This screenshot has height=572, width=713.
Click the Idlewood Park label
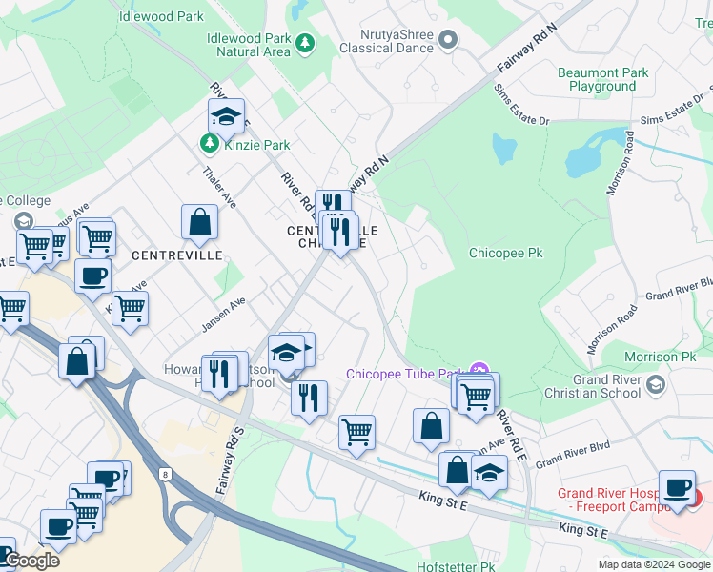click(x=162, y=16)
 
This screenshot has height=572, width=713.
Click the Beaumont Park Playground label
click(x=602, y=79)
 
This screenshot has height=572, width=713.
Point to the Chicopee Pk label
click(x=505, y=254)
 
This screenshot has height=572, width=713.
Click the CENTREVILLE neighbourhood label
click(x=176, y=255)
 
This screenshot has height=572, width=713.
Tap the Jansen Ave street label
click(x=223, y=313)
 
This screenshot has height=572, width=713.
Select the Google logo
click(x=31, y=561)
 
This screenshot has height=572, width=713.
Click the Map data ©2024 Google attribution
click(x=654, y=564)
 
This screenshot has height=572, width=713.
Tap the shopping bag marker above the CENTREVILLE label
click(x=200, y=222)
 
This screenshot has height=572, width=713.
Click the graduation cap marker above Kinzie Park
click(x=226, y=116)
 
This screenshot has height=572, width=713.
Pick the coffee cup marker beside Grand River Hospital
click(x=677, y=487)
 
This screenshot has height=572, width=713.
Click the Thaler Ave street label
click(x=219, y=189)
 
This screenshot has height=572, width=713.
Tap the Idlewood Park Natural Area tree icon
click(x=305, y=43)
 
